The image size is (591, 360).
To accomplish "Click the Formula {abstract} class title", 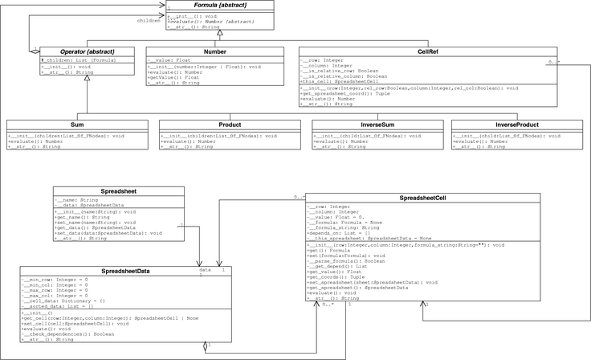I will [x=206, y=6].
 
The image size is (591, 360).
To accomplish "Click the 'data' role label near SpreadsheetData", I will [x=205, y=270].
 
